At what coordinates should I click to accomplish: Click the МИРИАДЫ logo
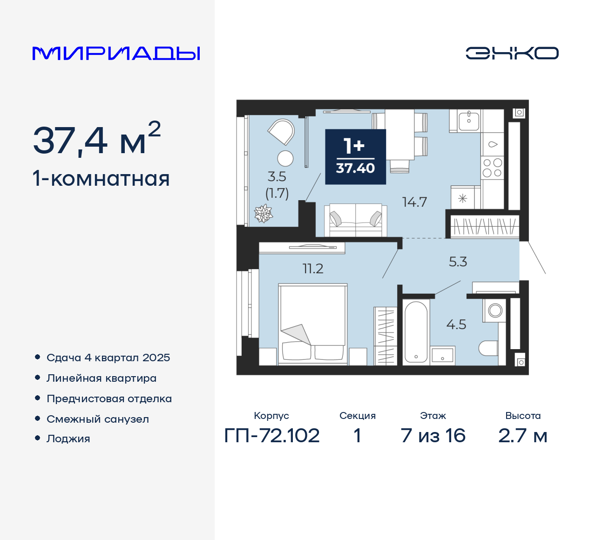(x=116, y=54)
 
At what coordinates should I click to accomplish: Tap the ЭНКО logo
(x=512, y=53)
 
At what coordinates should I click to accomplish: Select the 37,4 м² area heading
(x=97, y=140)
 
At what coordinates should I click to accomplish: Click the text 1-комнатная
(x=101, y=179)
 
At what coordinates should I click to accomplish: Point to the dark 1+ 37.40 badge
(x=355, y=157)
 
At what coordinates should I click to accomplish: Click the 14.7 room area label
(x=414, y=202)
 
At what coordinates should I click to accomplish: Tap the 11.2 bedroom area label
(x=312, y=269)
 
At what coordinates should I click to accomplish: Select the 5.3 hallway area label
(x=458, y=262)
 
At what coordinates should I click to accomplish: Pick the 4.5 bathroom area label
(x=456, y=324)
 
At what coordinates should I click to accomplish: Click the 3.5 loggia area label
(x=277, y=177)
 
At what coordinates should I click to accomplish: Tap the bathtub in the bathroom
(x=416, y=332)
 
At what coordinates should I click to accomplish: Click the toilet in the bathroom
(x=488, y=348)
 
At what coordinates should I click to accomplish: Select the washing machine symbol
(x=495, y=310)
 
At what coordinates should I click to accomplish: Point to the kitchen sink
(x=468, y=121)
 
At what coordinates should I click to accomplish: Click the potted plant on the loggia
(x=263, y=214)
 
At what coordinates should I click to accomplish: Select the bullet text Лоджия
(x=68, y=439)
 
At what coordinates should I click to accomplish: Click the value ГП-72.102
(x=272, y=436)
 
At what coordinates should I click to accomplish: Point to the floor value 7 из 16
(x=433, y=436)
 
